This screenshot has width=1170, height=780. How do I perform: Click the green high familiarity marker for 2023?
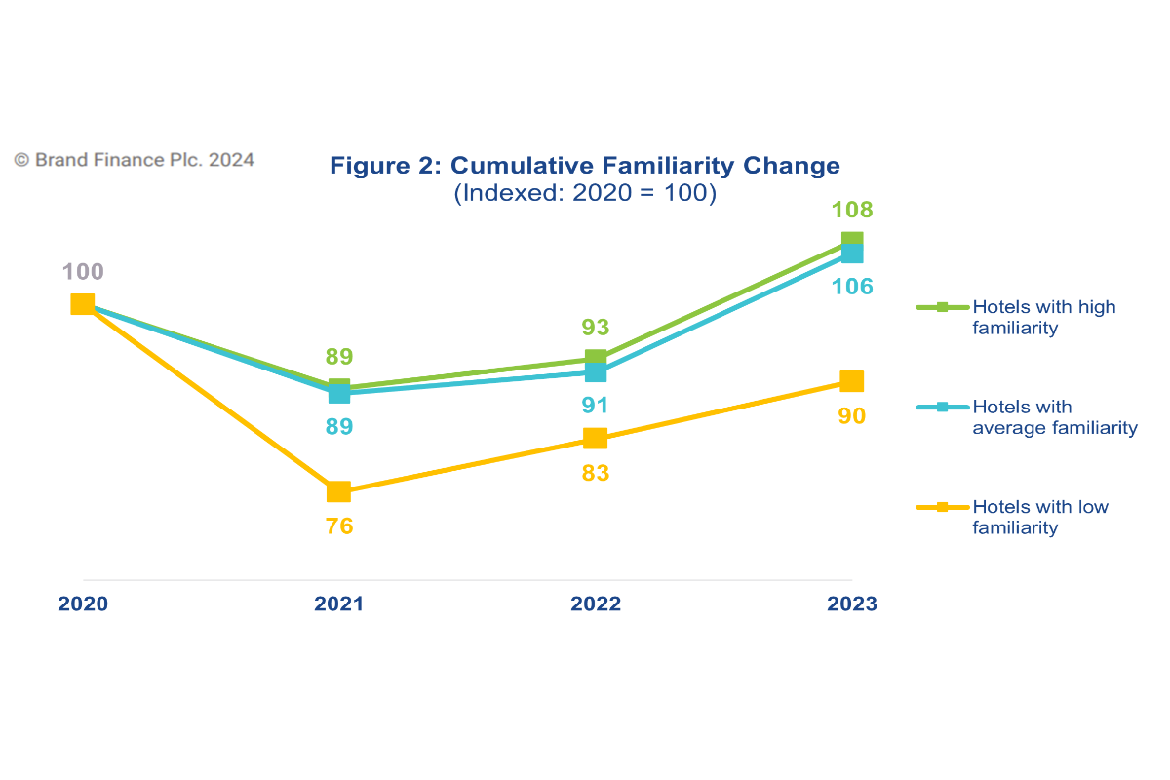pyautogui.click(x=852, y=239)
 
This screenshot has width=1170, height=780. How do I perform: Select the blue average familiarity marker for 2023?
pyautogui.click(x=852, y=253)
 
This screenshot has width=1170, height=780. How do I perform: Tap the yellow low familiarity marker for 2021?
pyautogui.click(x=338, y=491)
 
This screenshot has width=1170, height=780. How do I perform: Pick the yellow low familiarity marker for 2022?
pyautogui.click(x=595, y=438)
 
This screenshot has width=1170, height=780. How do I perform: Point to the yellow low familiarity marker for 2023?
pyautogui.click(x=851, y=380)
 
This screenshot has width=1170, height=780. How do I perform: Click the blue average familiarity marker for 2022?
pyautogui.click(x=596, y=373)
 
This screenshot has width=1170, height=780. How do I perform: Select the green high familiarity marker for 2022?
pyautogui.click(x=596, y=358)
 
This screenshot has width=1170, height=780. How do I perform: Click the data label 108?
pyautogui.click(x=852, y=210)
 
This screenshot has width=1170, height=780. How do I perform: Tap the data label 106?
pyautogui.click(x=852, y=287)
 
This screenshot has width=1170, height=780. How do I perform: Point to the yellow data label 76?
pyautogui.click(x=338, y=526)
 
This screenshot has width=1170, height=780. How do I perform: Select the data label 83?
pyautogui.click(x=595, y=473)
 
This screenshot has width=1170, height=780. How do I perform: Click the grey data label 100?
pyautogui.click(x=83, y=272)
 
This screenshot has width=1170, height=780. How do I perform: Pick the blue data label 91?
pyautogui.click(x=595, y=406)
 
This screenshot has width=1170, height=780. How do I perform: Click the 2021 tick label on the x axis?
pyautogui.click(x=338, y=604)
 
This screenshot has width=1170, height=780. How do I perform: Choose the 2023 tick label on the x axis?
pyautogui.click(x=852, y=604)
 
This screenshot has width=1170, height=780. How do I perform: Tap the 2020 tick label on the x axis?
pyautogui.click(x=83, y=604)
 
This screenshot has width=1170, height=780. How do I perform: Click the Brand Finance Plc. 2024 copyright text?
pyautogui.click(x=135, y=159)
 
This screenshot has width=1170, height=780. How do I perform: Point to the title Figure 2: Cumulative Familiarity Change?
pyautogui.click(x=585, y=165)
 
